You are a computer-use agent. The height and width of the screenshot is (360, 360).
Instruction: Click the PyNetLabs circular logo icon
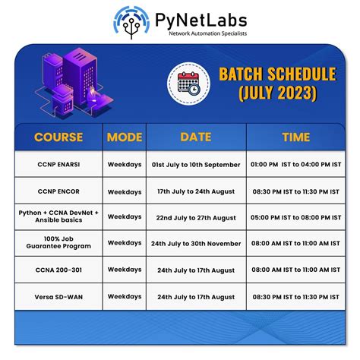coord(128,21)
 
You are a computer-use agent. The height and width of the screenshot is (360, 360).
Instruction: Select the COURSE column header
coord(58,137)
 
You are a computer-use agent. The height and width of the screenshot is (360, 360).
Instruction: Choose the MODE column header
coord(125,137)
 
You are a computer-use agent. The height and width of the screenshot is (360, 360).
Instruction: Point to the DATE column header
coord(196,137)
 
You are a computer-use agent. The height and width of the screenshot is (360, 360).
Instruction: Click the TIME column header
coord(295,137)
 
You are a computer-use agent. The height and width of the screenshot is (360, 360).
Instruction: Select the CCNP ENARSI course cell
coord(58,165)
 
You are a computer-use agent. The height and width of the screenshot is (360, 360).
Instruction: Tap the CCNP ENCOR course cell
coord(58,191)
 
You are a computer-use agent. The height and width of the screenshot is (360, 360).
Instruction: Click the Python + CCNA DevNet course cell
coord(58,217)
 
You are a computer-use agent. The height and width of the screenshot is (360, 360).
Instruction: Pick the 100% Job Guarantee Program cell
coord(58,243)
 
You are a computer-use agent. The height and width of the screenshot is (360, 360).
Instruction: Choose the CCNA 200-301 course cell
coord(58,270)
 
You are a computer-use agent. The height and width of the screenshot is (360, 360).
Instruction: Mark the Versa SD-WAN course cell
coord(58,295)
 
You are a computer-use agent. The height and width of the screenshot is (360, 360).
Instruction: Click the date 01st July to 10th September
coord(196,165)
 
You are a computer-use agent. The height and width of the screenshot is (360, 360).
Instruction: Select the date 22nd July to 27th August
coord(196,217)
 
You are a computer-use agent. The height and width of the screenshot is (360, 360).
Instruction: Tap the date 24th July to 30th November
coord(196,243)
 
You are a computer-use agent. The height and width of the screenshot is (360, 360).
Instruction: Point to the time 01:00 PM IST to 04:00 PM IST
coord(295,165)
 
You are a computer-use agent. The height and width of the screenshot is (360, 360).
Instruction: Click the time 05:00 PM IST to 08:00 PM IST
coord(295,217)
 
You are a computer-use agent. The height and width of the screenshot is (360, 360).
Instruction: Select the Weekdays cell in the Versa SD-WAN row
coord(125,295)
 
